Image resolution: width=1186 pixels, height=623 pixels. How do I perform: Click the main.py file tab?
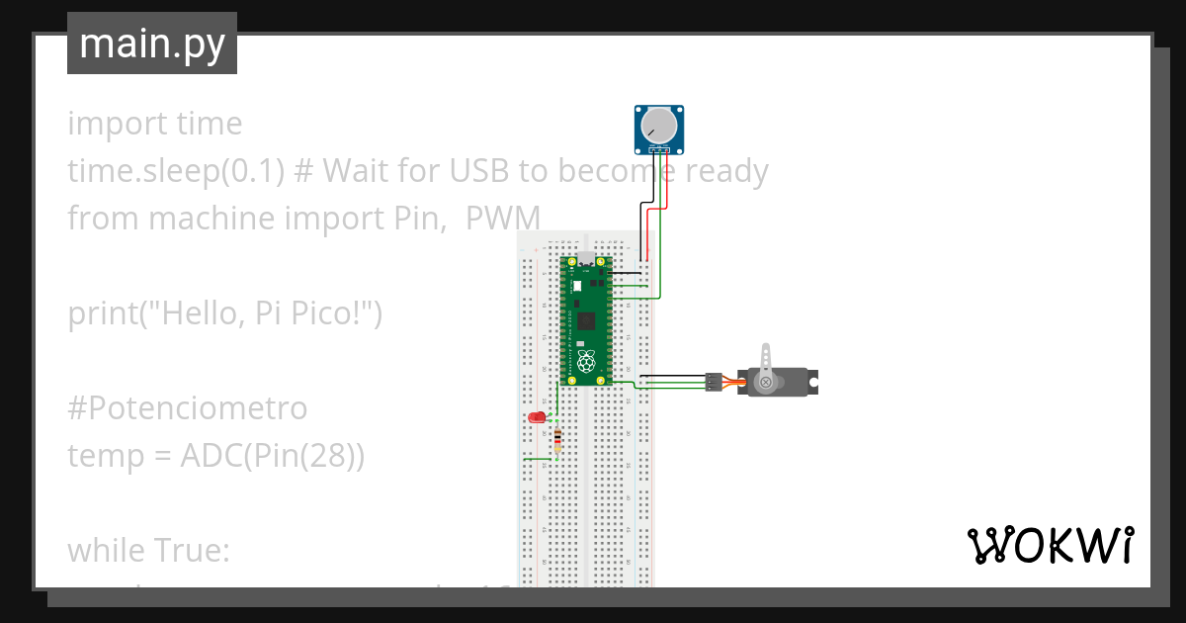coord(151,44)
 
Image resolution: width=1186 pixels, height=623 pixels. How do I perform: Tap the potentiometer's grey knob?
coord(658,126)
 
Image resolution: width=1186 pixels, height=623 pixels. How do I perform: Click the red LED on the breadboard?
coord(538,417)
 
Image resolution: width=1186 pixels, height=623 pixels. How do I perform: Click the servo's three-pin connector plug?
coord(713,382)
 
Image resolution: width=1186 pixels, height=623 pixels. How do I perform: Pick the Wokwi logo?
coord(1050,545)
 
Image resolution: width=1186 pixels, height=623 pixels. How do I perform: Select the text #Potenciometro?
coord(187,407)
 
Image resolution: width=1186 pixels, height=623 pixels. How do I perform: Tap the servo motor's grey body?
coord(781,382)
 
